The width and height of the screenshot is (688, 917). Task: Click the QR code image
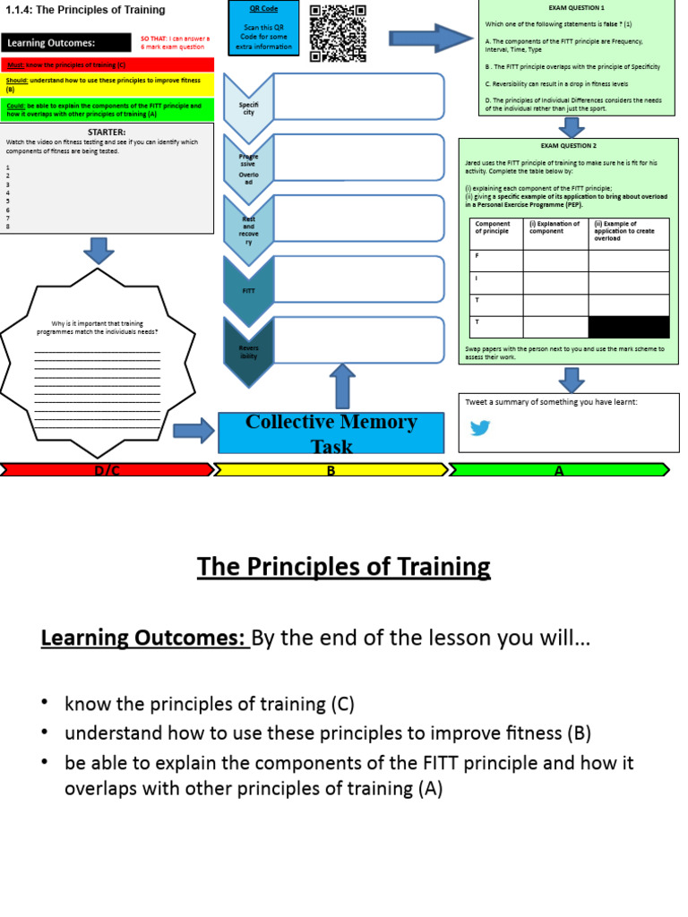(x=339, y=34)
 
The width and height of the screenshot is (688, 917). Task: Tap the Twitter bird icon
(x=480, y=428)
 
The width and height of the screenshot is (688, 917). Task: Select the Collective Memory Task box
(x=331, y=433)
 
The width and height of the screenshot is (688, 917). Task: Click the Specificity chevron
(x=248, y=108)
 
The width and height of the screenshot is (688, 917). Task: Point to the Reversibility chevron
(x=248, y=351)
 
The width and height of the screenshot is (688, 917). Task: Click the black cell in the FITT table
(x=628, y=327)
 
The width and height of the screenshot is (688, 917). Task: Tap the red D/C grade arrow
(x=107, y=470)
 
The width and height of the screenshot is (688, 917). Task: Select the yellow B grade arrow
(x=331, y=470)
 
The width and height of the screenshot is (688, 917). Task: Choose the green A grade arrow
(x=558, y=470)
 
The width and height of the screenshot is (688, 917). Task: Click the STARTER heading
(x=106, y=133)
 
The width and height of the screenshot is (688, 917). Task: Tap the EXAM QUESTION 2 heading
(x=568, y=145)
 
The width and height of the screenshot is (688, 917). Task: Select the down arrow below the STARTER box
(x=98, y=250)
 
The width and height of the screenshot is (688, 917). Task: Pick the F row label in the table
(x=477, y=255)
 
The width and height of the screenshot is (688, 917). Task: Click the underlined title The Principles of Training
(x=343, y=567)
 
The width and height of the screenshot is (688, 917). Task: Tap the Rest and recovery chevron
(x=248, y=230)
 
